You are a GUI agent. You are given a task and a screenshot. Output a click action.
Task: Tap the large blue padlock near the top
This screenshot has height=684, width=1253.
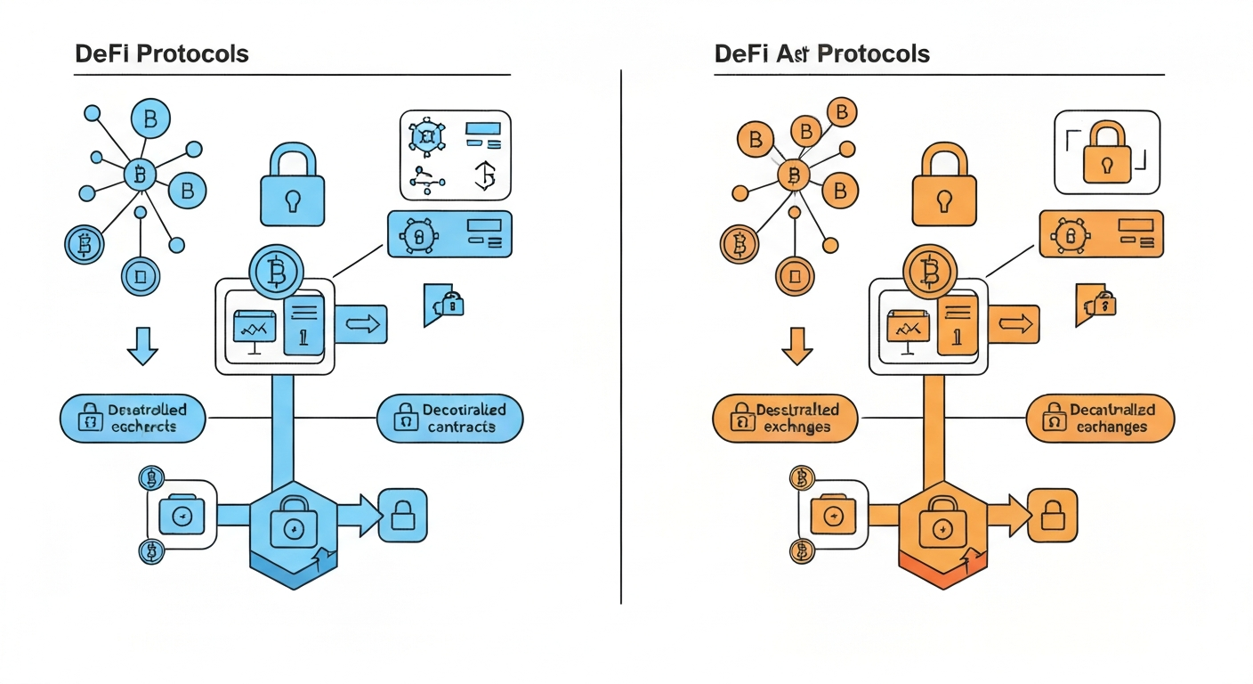pyautogui.click(x=292, y=186)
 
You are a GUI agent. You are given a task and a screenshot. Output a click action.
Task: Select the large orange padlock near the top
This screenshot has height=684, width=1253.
pyautogui.click(x=944, y=186)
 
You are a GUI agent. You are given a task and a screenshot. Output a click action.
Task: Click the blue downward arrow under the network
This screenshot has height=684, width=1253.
pyautogui.click(x=143, y=346)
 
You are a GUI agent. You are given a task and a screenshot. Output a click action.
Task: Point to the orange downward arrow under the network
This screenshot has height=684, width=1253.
pyautogui.click(x=797, y=346)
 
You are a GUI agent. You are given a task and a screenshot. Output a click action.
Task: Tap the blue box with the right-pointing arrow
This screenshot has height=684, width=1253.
pyautogui.click(x=360, y=324)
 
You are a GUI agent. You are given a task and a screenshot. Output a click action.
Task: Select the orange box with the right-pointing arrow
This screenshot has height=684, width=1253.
pyautogui.click(x=1014, y=324)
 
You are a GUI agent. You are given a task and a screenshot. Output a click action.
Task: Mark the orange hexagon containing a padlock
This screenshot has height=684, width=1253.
pyautogui.click(x=942, y=530)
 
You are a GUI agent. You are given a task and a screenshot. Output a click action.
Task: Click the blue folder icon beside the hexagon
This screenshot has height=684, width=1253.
pyautogui.click(x=182, y=515)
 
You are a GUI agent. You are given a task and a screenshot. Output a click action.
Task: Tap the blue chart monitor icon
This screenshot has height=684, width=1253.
pyautogui.click(x=254, y=329)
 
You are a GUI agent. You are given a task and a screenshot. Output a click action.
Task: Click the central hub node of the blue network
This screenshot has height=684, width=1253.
pyautogui.click(x=139, y=175)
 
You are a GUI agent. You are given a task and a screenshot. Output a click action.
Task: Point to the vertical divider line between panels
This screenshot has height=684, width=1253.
pyautogui.click(x=620, y=338)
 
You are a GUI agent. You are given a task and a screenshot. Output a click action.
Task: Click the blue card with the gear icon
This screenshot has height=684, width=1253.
pyautogui.click(x=449, y=234)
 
